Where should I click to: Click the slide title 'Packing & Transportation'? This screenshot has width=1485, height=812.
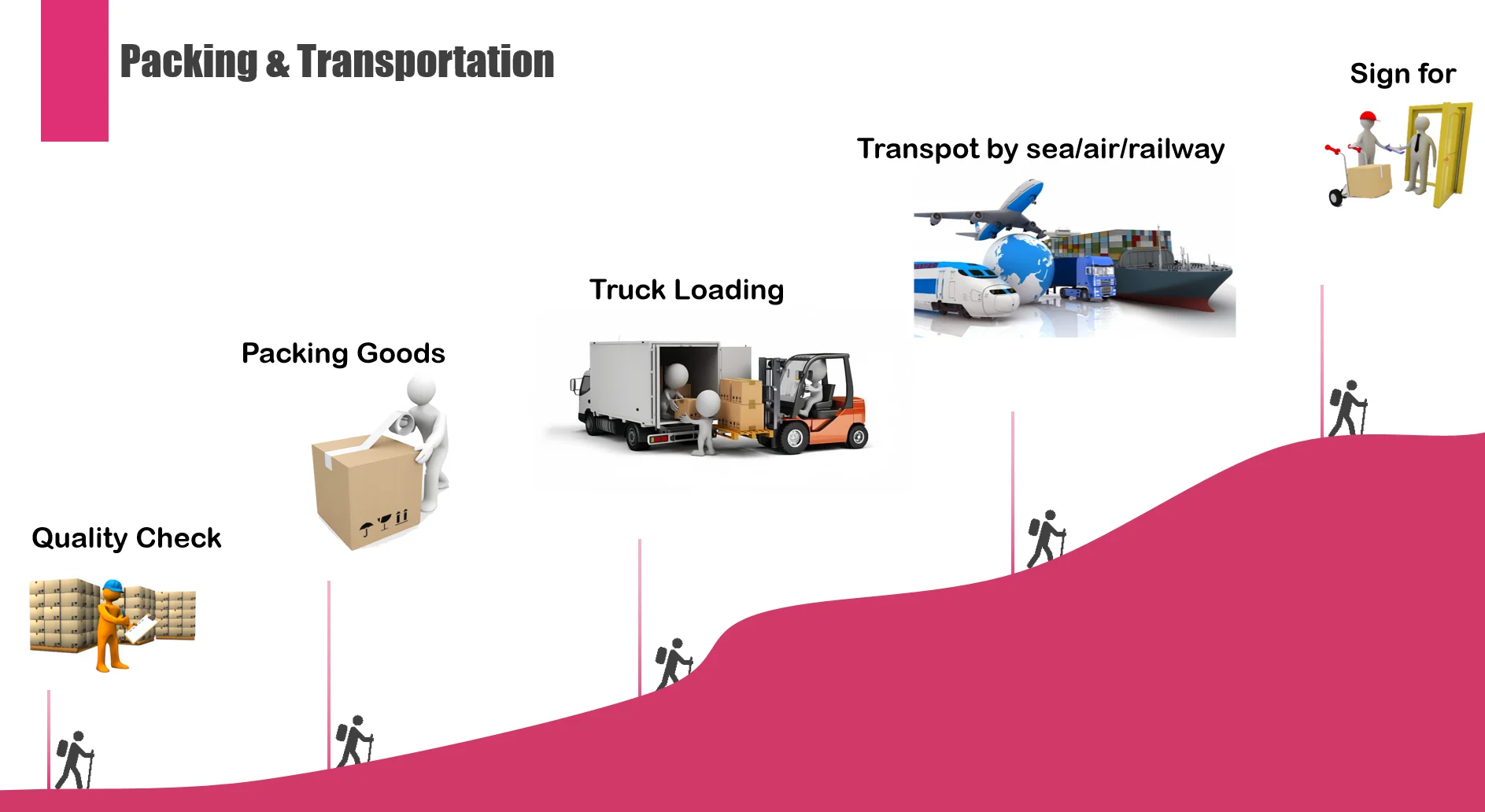(x=337, y=61)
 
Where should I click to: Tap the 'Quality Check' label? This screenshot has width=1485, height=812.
(x=126, y=538)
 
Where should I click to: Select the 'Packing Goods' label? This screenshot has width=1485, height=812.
(x=343, y=353)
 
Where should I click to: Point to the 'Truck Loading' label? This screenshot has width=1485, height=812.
(x=686, y=290)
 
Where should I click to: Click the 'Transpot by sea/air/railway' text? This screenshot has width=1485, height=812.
(x=1040, y=149)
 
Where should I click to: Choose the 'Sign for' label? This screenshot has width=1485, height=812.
(x=1402, y=73)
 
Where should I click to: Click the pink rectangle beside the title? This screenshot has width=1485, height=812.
(x=75, y=71)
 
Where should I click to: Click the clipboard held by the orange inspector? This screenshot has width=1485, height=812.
(x=142, y=628)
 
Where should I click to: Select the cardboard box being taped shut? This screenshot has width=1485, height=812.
(x=366, y=492)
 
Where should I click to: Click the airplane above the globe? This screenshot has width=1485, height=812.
(x=992, y=209)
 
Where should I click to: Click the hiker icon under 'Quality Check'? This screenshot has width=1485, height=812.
(x=74, y=759)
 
